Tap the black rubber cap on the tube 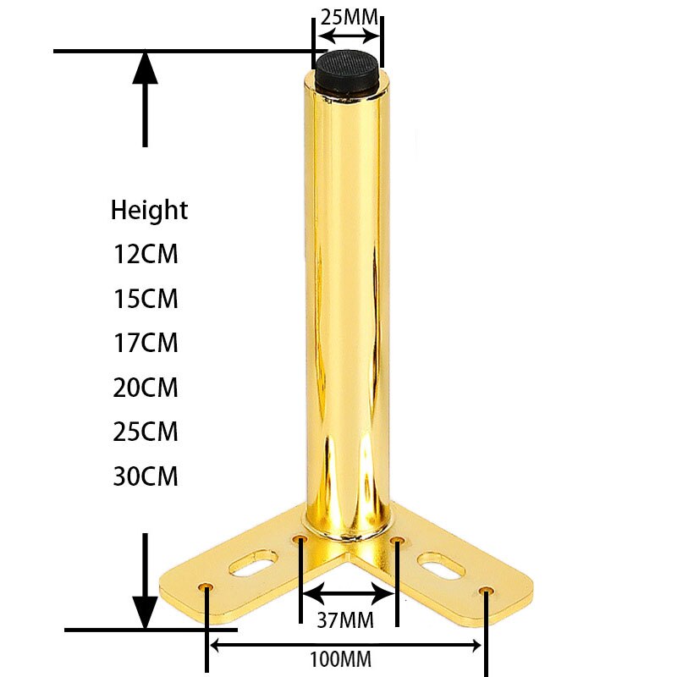click(347, 68)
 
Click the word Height click(149, 210)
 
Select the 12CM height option click(146, 254)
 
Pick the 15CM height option click(146, 299)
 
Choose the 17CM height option click(146, 344)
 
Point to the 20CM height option click(146, 388)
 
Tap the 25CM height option click(146, 432)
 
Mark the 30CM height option click(146, 476)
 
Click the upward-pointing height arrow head click(146, 68)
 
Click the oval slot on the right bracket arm click(441, 564)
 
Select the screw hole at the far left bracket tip click(206, 587)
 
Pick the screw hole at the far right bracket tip click(485, 590)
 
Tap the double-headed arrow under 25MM click(349, 36)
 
